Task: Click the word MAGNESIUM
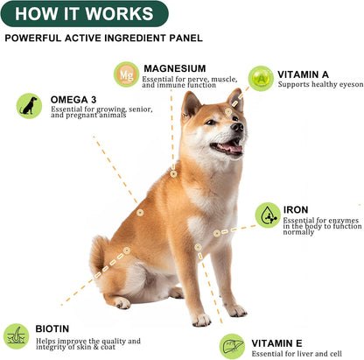(x=175, y=68)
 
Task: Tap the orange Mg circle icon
(x=127, y=74)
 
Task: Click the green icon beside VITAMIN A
(x=260, y=78)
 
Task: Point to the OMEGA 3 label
(x=73, y=99)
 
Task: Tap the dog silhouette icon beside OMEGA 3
(x=29, y=106)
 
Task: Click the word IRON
(x=295, y=210)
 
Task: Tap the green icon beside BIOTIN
(x=16, y=335)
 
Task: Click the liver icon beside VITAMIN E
(x=232, y=346)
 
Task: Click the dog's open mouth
(x=228, y=147)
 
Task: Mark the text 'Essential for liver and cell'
(x=297, y=354)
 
